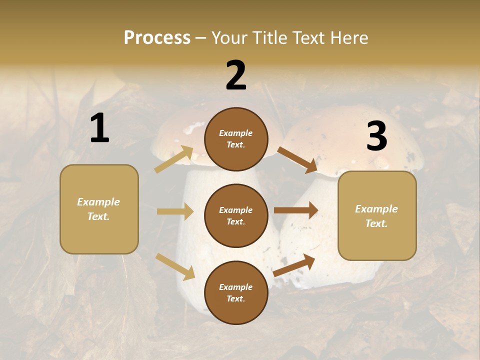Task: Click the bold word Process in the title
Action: pyautogui.click(x=157, y=37)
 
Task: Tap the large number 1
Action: pyautogui.click(x=99, y=128)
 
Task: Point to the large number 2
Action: pyautogui.click(x=236, y=75)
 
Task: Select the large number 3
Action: pyautogui.click(x=376, y=136)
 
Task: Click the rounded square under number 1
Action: pyautogui.click(x=99, y=209)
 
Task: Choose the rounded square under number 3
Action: pyautogui.click(x=377, y=216)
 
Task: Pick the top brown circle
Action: pyautogui.click(x=236, y=139)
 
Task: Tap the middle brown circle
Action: pyautogui.click(x=236, y=215)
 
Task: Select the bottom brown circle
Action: pyautogui.click(x=236, y=292)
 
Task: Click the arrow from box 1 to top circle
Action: pyautogui.click(x=174, y=159)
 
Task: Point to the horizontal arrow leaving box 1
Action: pyautogui.click(x=175, y=211)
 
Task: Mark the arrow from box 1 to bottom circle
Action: pyautogui.click(x=175, y=266)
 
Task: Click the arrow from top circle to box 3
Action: pyautogui.click(x=297, y=159)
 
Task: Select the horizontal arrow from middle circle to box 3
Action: pyautogui.click(x=296, y=210)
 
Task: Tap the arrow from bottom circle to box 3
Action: pyautogui.click(x=294, y=265)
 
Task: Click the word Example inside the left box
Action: pyautogui.click(x=98, y=202)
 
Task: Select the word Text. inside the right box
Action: pyautogui.click(x=376, y=223)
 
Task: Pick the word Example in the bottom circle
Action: pyautogui.click(x=236, y=287)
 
